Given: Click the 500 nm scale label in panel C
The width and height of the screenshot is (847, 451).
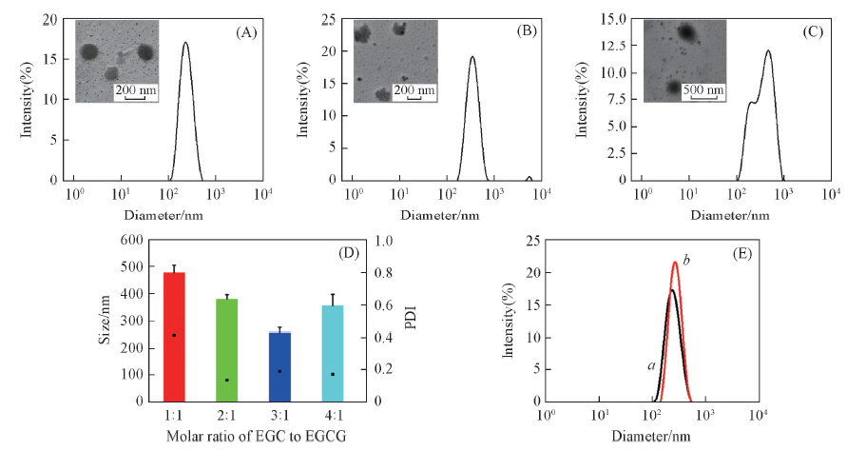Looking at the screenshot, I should (704, 89).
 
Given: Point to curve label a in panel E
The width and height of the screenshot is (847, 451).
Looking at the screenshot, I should (650, 364).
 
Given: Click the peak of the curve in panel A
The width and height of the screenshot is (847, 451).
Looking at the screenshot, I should (185, 42).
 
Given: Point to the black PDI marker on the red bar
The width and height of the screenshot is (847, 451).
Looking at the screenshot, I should (174, 335).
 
